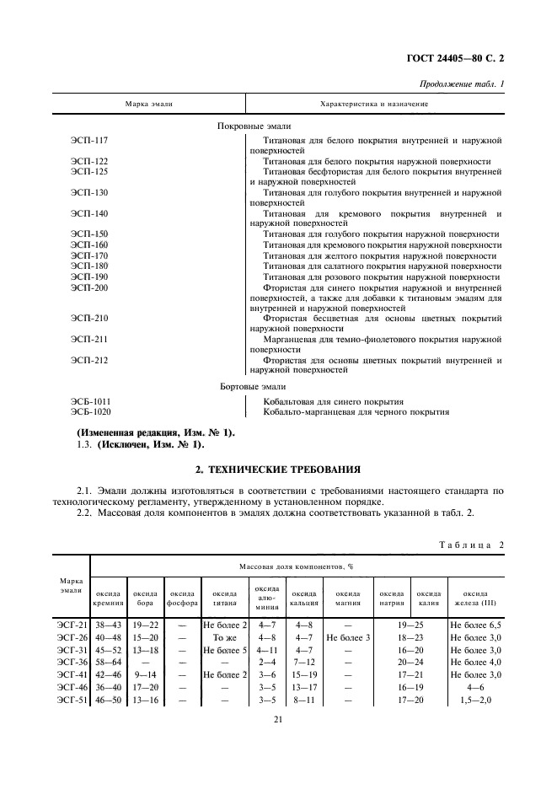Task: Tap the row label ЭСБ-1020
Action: point(92,412)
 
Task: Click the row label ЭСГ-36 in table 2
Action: point(70,663)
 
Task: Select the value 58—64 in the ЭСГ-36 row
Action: point(109,663)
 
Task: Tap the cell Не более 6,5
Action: point(476,625)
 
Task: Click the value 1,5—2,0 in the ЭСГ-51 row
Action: point(476,700)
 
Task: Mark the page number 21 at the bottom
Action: point(278,718)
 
